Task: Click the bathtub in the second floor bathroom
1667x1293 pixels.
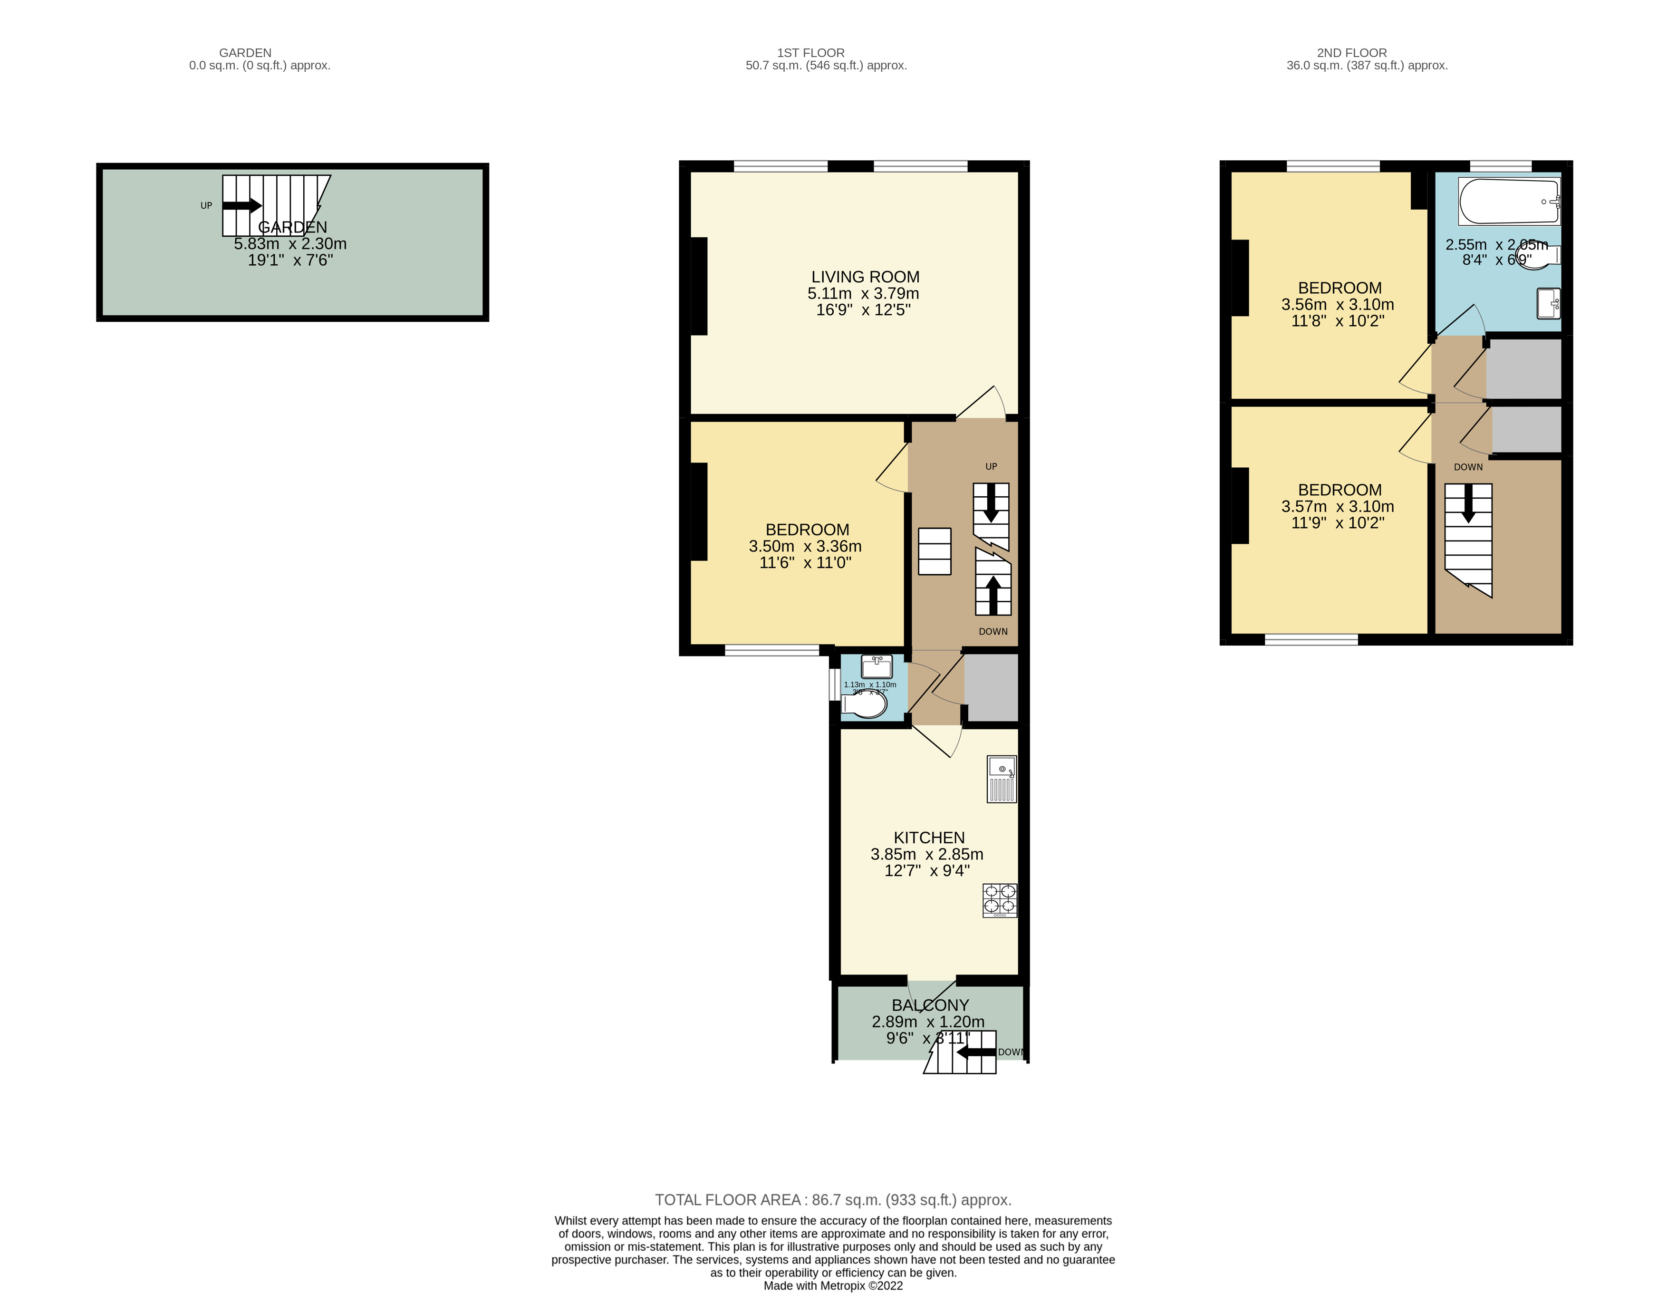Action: coord(1507,202)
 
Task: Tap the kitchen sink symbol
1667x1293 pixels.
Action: coord(1002,779)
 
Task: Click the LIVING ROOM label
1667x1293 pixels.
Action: coord(865,277)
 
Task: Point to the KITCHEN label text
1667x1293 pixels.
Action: coord(929,837)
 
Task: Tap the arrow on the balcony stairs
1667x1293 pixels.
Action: coord(977,1052)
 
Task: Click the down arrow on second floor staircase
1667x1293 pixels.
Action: coord(1467,504)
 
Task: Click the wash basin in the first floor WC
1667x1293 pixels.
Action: coord(876,666)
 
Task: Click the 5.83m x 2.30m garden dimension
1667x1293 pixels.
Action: coord(290,243)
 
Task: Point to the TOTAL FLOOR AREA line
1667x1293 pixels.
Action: coord(833,1200)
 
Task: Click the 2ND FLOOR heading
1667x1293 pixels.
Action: coord(1351,53)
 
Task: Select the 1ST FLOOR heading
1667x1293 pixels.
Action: coord(810,53)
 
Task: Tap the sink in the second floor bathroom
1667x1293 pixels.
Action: coord(1548,303)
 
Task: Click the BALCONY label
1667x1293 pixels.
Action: coord(930,1005)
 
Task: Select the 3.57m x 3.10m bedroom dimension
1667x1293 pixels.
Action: coord(1337,506)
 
